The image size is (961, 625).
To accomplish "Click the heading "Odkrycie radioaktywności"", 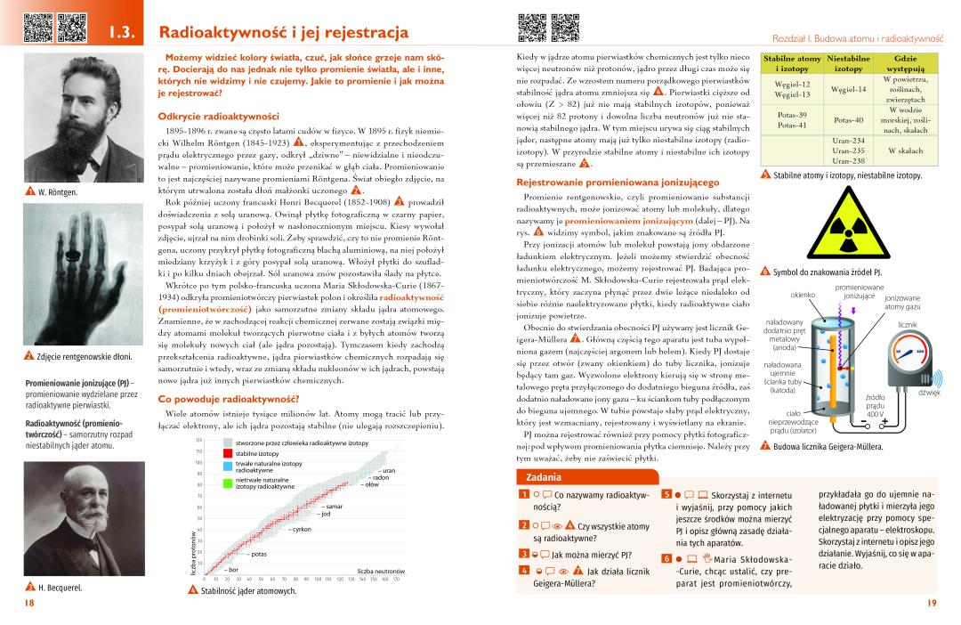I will (x=218, y=116).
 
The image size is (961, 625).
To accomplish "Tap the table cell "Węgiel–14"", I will (x=848, y=89).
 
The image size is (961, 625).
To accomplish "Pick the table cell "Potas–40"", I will (x=848, y=120).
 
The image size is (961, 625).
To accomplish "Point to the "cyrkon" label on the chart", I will (x=298, y=530).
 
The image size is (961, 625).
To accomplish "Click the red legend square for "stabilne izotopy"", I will (x=229, y=453).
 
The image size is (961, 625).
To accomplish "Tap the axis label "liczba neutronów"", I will (x=381, y=571).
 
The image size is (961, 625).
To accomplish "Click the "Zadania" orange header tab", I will (x=543, y=476).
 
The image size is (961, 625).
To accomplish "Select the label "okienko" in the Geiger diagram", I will (x=803, y=295).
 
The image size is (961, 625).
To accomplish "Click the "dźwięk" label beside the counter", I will (x=929, y=392).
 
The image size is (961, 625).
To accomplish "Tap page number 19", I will (x=932, y=604).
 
